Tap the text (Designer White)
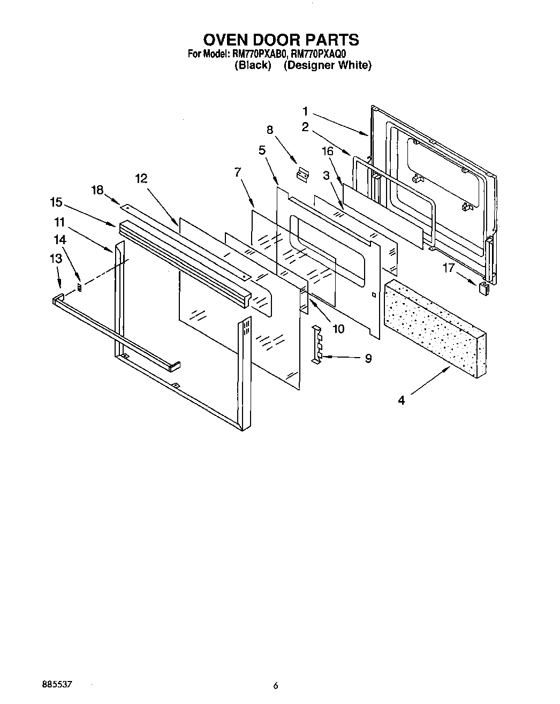click(x=327, y=65)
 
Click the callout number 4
click(x=402, y=399)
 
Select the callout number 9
click(x=368, y=358)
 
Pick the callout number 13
click(x=56, y=258)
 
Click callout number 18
click(x=97, y=190)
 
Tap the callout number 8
click(x=270, y=130)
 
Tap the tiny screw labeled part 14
click(x=80, y=287)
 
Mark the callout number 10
click(x=338, y=329)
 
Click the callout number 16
click(x=327, y=152)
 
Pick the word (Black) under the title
click(x=253, y=65)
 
